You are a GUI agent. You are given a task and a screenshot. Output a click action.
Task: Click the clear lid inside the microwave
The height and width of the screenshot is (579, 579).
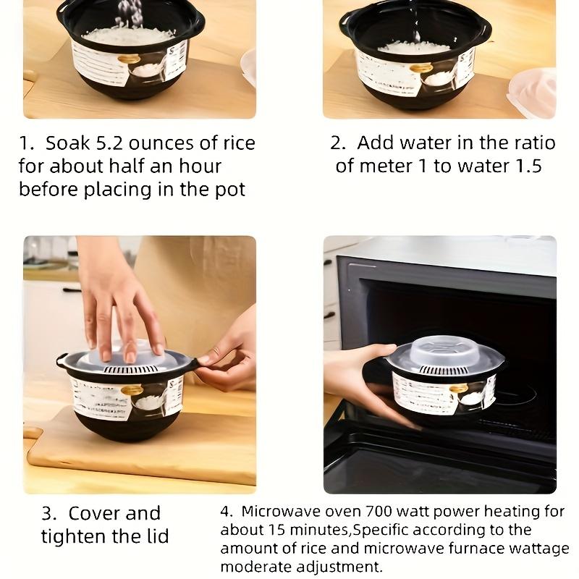[x=444, y=350]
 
